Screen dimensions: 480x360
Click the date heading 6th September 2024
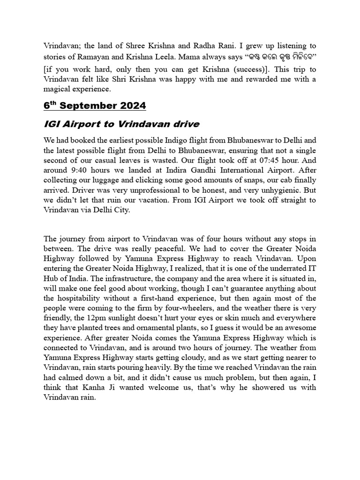coord(95,105)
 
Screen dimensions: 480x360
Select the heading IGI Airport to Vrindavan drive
coord(121,124)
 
